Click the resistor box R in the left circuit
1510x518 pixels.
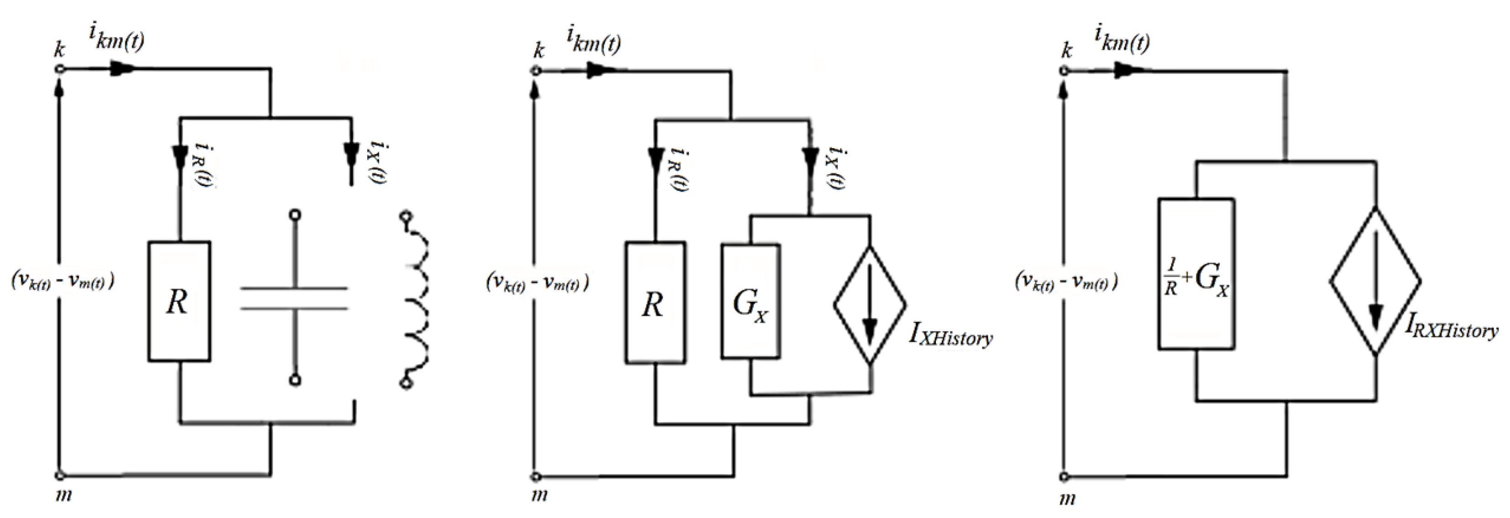(179, 301)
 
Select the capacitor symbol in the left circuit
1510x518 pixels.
(295, 298)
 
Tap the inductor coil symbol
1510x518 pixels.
(418, 299)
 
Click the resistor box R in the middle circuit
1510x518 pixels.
(655, 303)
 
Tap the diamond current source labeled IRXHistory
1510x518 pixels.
(1375, 281)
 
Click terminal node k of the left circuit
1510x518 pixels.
(59, 70)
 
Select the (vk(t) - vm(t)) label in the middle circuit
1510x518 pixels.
(537, 283)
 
